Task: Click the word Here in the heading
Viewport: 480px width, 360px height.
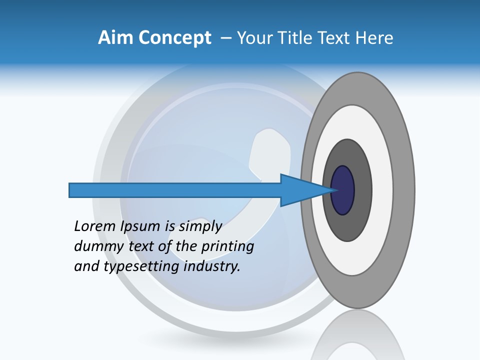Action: (x=374, y=38)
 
